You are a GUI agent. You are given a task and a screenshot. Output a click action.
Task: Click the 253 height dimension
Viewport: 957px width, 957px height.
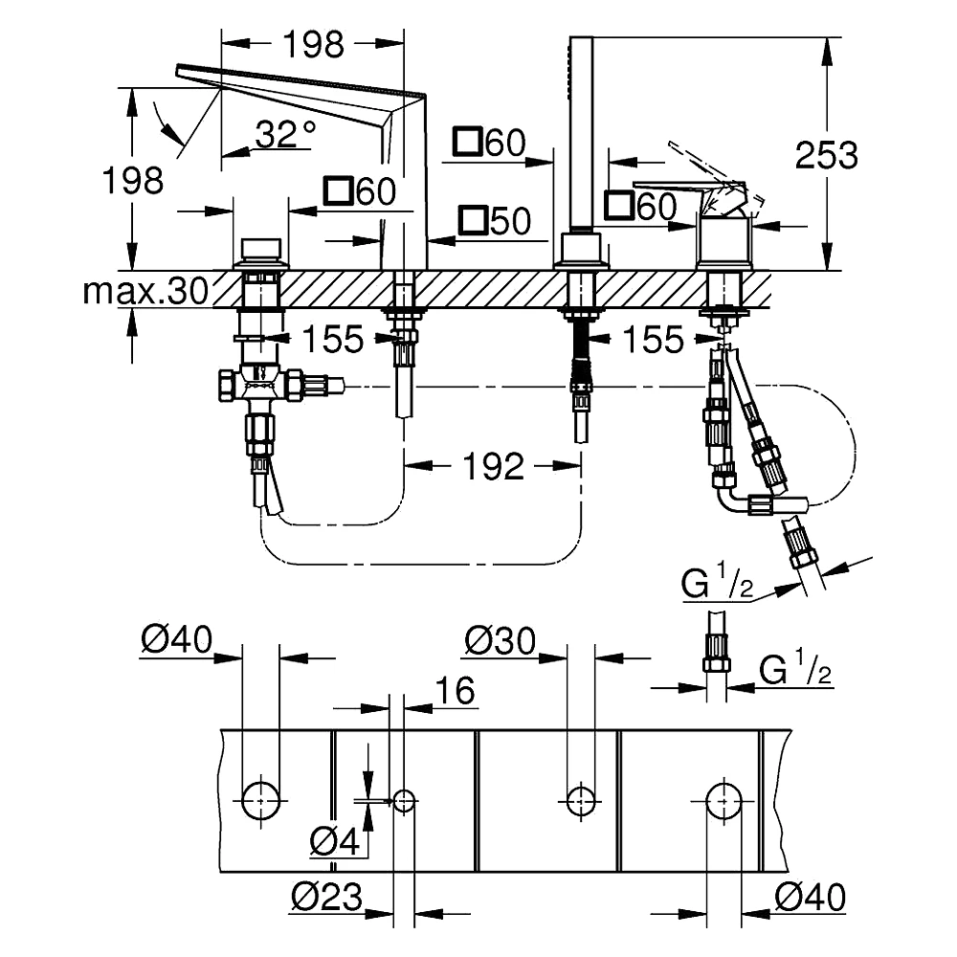click(827, 155)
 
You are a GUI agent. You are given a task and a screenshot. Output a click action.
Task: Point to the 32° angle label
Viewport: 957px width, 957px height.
click(285, 134)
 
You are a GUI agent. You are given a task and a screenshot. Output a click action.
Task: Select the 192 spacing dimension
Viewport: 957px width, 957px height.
click(493, 466)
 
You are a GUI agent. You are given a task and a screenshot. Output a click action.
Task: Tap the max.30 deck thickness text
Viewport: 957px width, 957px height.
click(145, 291)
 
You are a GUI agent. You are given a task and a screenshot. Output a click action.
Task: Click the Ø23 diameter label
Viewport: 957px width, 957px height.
click(326, 897)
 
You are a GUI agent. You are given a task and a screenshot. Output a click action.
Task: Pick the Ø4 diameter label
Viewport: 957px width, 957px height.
click(335, 842)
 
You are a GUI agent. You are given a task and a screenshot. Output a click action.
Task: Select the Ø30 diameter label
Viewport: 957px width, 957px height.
click(500, 641)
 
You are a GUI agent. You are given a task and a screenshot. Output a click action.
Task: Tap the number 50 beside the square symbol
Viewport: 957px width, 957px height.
click(510, 220)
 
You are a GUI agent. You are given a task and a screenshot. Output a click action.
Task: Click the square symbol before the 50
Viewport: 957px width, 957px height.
click(474, 220)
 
